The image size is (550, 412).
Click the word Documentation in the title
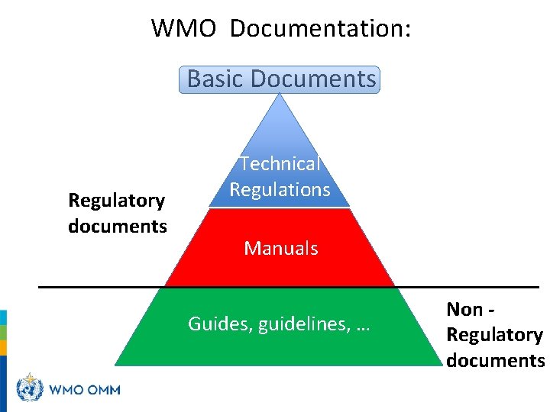tap(320, 29)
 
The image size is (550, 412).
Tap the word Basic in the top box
tap(215, 79)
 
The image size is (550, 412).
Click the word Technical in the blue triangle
tap(280, 163)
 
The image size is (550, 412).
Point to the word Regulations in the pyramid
tap(280, 189)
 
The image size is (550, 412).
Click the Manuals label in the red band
tap(280, 248)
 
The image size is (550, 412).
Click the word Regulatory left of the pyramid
tap(117, 201)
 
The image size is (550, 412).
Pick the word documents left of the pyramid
tap(117, 227)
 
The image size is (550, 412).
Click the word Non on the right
tap(464, 309)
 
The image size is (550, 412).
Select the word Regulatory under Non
tap(494, 335)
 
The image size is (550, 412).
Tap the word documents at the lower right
tap(495, 361)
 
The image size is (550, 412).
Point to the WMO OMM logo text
tap(85, 390)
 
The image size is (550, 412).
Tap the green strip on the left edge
tap(3, 333)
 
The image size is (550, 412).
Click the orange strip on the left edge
tap(3, 347)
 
